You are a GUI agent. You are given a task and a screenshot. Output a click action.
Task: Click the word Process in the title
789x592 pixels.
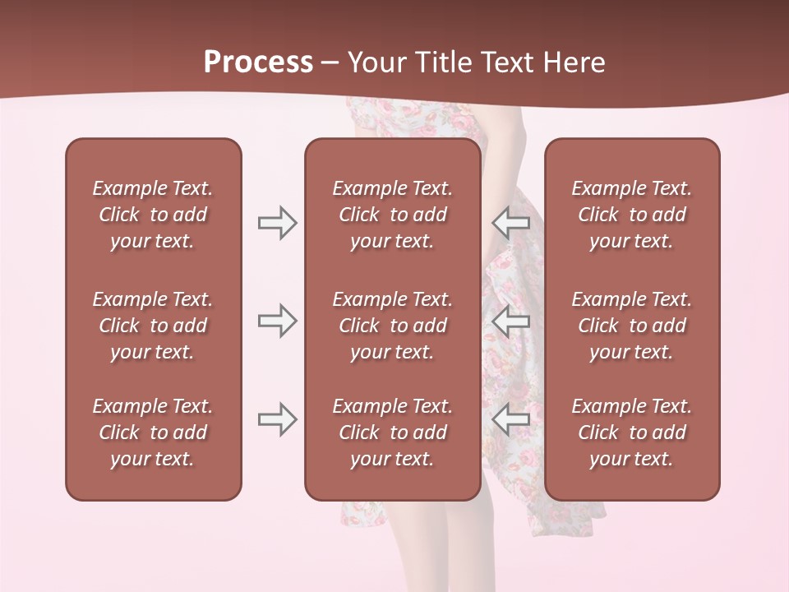(x=258, y=62)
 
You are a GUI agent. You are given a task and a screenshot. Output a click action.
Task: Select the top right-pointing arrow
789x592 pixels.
(x=277, y=223)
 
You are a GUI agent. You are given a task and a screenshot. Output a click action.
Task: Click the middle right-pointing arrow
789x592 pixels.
(x=277, y=320)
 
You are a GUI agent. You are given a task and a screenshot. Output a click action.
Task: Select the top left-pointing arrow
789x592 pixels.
(x=510, y=223)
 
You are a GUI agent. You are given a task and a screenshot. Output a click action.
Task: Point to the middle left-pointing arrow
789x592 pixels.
(x=510, y=320)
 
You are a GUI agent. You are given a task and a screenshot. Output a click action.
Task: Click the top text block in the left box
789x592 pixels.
(x=153, y=215)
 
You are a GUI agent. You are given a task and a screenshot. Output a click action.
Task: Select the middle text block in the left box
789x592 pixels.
(x=153, y=326)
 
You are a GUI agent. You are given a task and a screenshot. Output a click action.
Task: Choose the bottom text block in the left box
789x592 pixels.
(x=153, y=432)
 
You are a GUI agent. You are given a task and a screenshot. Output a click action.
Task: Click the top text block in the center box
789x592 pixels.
(x=393, y=215)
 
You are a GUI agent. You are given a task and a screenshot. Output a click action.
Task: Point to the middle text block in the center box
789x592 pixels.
(x=393, y=326)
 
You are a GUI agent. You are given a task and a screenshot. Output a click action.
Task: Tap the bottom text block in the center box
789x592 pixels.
(x=393, y=432)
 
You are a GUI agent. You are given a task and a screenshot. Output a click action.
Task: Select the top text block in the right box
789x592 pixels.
(x=632, y=215)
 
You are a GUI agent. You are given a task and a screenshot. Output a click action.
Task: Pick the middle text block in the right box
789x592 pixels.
(x=632, y=326)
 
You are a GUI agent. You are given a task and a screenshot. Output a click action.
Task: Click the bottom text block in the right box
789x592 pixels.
(x=632, y=432)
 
